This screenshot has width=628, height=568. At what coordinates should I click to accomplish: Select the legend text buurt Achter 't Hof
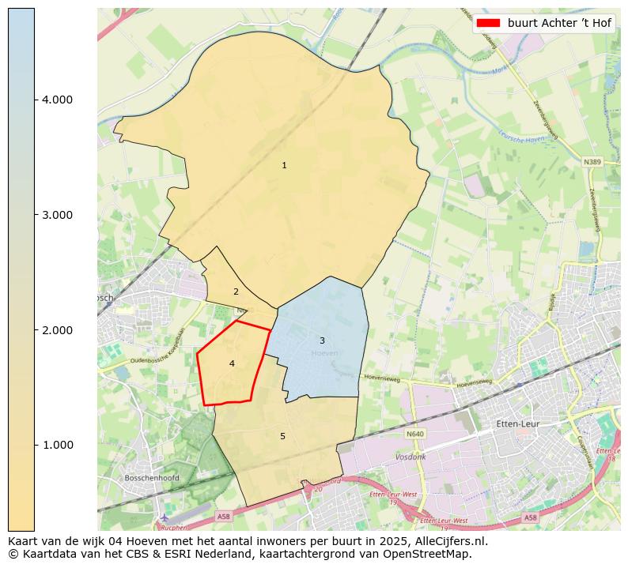click(x=559, y=23)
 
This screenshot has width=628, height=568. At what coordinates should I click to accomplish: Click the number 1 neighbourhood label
click(x=284, y=166)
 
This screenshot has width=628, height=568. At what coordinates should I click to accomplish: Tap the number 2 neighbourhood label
click(x=236, y=292)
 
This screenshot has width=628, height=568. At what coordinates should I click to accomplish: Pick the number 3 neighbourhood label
click(x=322, y=341)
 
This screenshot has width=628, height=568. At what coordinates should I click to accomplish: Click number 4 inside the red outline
click(x=232, y=363)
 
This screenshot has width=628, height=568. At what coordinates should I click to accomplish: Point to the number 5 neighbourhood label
click(x=282, y=436)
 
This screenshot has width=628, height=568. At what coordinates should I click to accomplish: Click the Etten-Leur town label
click(x=517, y=424)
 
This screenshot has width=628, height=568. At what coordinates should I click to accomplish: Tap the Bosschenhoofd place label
click(x=152, y=478)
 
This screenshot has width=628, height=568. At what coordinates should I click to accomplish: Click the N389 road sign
click(x=592, y=162)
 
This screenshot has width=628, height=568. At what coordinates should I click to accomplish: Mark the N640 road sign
click(x=415, y=434)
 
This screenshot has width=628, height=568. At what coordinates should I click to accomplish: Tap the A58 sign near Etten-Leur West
click(x=530, y=518)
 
